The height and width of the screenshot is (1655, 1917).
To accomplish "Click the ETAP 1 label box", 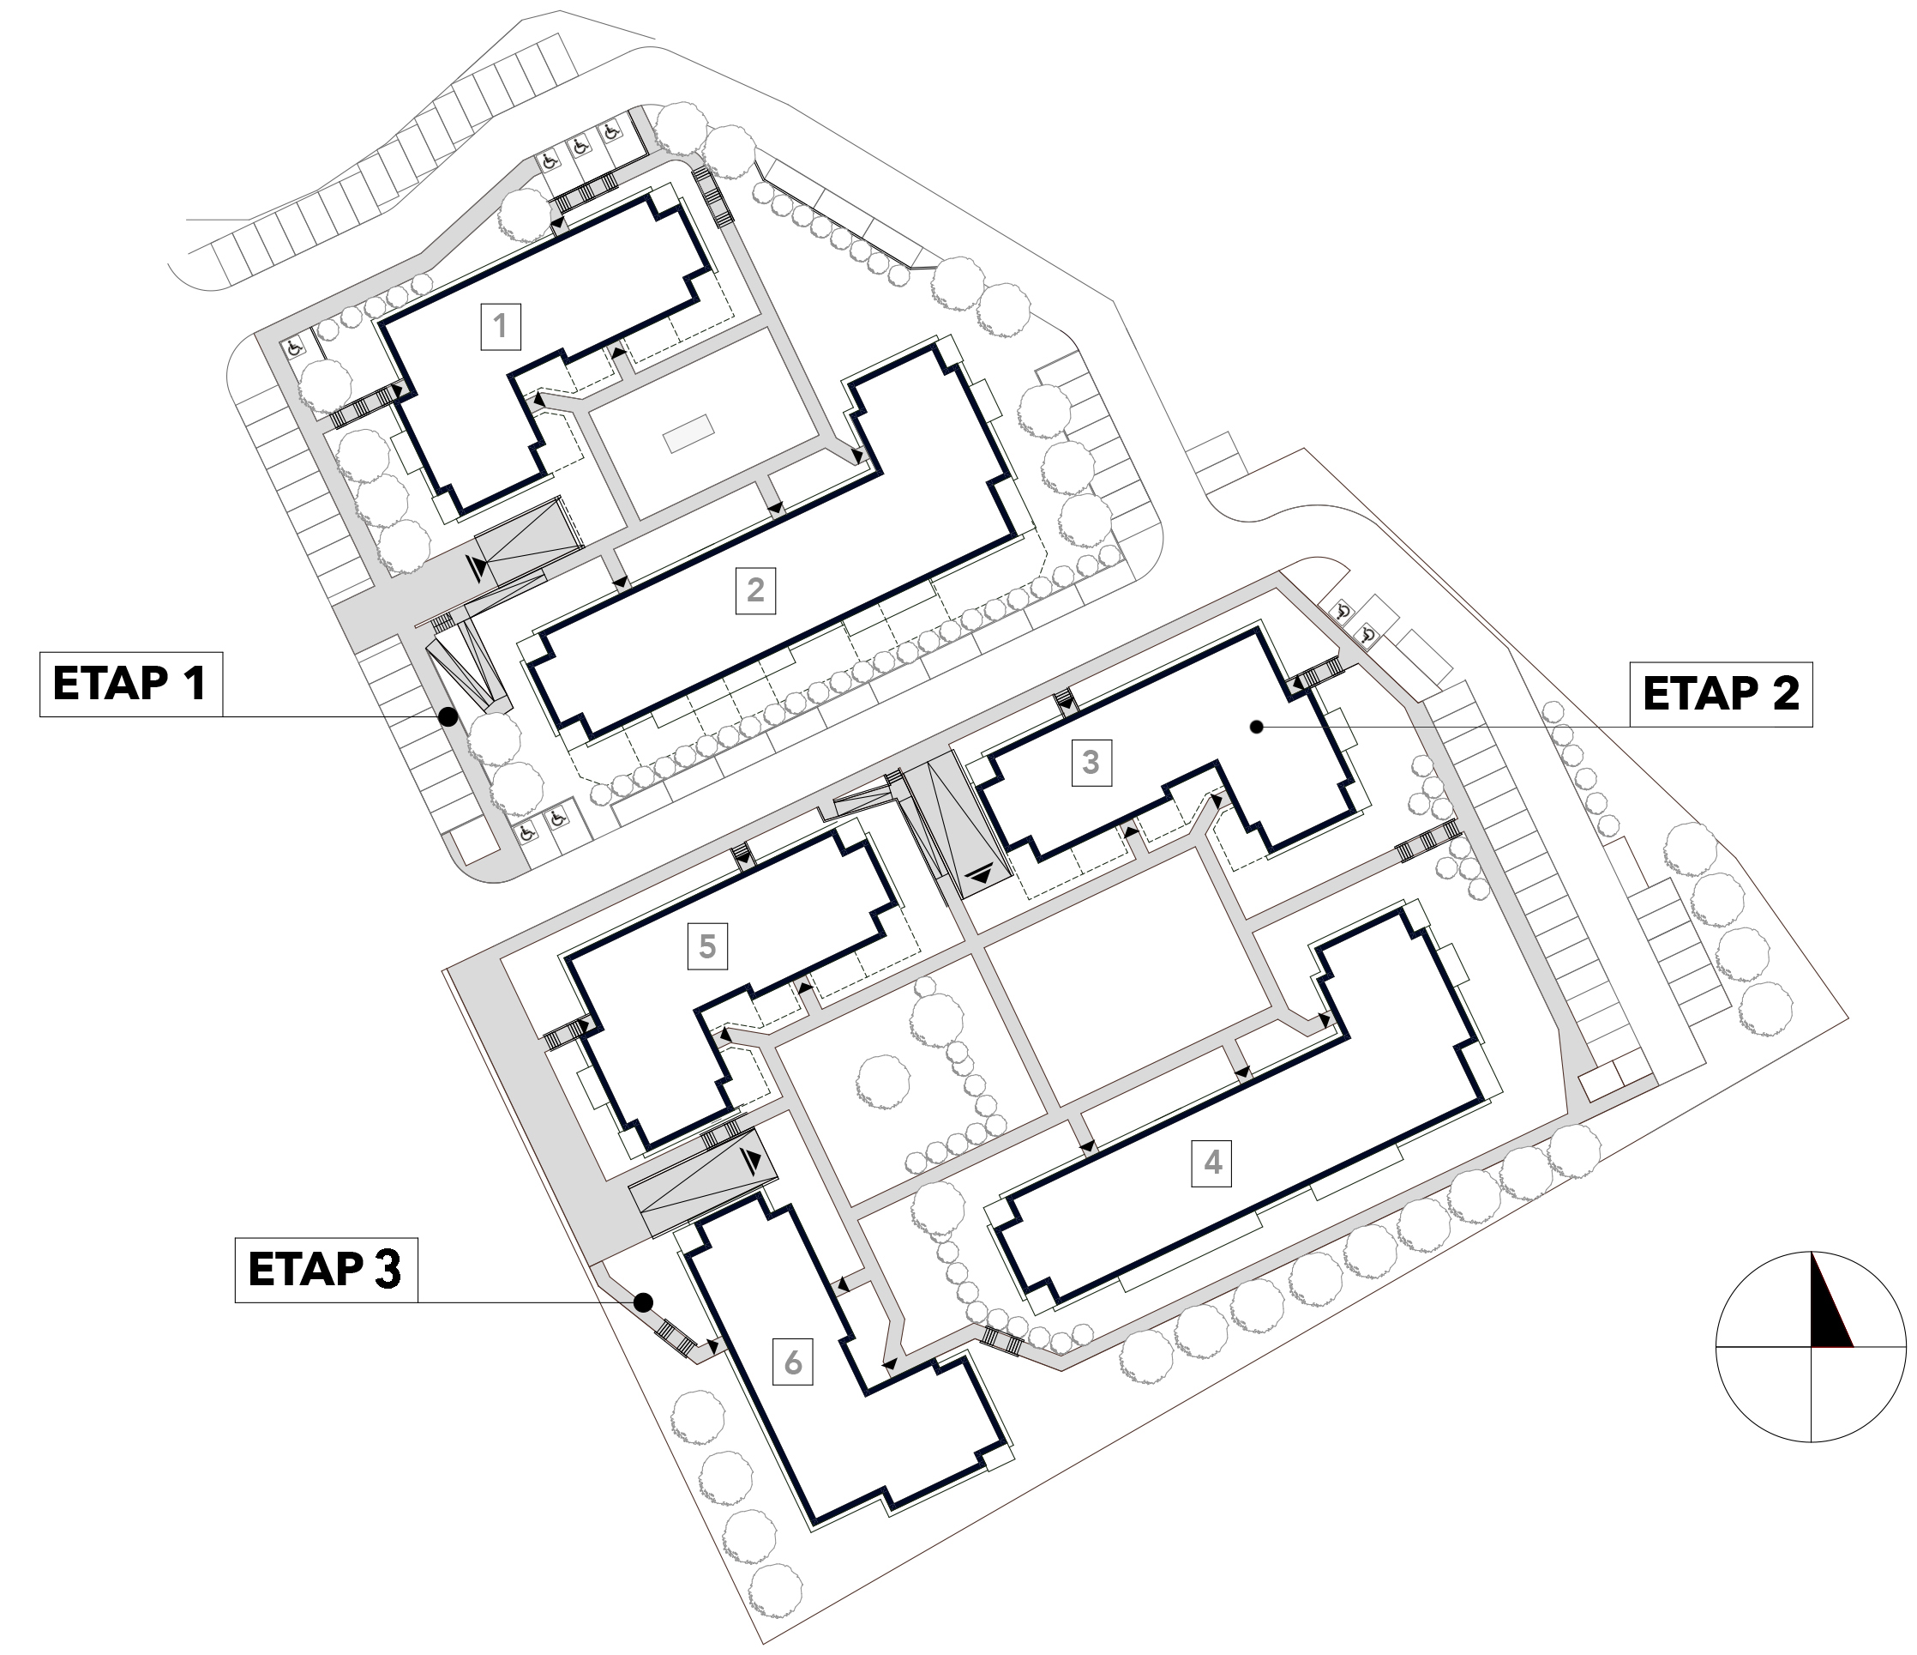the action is [130, 684].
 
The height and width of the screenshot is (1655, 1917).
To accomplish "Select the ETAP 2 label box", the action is [1721, 694].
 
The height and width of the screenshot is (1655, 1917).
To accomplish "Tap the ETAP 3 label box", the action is [326, 1270].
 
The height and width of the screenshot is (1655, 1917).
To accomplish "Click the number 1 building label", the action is [501, 326].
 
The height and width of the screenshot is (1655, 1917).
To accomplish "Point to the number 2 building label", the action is [756, 590].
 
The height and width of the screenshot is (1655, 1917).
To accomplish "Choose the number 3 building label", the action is [1091, 763].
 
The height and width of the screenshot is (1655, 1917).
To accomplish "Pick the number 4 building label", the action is [1213, 1162].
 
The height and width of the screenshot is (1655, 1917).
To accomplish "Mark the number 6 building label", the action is [793, 1362].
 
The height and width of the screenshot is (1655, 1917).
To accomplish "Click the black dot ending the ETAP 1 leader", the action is [448, 716].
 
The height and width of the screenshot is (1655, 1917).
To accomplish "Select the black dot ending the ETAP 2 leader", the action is [1256, 728].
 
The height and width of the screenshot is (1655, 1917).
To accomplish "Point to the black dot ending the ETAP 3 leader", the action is [644, 1302].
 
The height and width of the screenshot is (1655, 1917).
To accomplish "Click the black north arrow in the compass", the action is [1830, 1301].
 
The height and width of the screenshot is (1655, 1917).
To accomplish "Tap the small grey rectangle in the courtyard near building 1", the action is [689, 433].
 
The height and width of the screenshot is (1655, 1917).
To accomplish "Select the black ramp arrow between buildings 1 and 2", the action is [477, 567].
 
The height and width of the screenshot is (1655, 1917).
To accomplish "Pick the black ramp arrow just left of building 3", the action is [979, 873].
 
